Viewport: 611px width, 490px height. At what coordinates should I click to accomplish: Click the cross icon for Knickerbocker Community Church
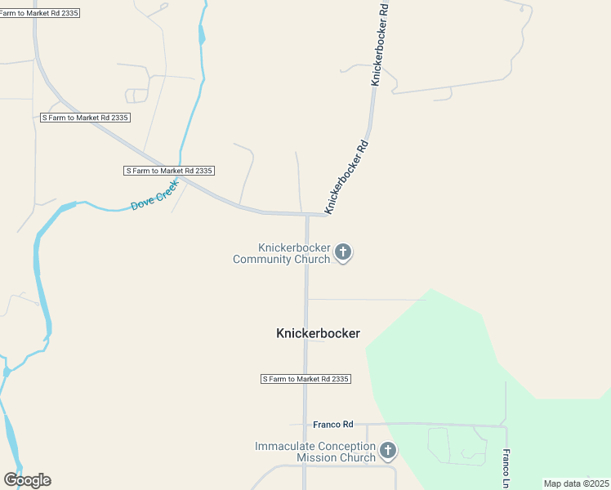[344, 252]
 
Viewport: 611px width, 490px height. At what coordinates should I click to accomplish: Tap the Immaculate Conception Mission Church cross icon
[388, 450]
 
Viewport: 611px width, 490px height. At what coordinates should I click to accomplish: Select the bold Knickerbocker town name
[319, 333]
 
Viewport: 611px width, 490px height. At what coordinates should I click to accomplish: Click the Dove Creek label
[155, 196]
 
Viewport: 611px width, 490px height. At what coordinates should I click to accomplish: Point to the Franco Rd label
[333, 425]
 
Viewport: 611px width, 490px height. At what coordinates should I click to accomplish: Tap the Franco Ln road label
[506, 464]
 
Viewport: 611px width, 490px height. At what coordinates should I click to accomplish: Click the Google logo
[27, 480]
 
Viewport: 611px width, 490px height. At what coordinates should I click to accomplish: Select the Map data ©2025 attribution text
[576, 483]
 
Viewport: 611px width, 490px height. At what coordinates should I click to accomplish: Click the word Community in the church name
[282, 259]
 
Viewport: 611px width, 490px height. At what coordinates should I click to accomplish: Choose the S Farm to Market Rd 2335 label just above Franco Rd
[305, 379]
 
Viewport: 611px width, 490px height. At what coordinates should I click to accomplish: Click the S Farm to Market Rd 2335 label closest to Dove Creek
[169, 171]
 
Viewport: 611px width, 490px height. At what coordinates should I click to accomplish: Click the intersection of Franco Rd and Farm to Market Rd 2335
[306, 425]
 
